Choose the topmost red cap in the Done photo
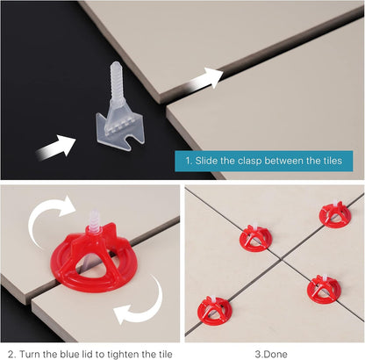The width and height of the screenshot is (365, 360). pyautogui.click(x=334, y=212)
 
